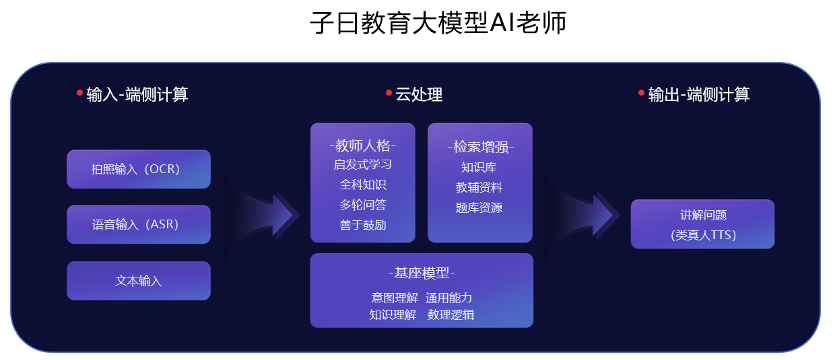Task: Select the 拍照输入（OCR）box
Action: pyautogui.click(x=138, y=169)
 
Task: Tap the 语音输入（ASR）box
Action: pyautogui.click(x=138, y=224)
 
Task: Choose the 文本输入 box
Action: pyautogui.click(x=138, y=280)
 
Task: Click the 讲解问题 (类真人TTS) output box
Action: pyautogui.click(x=702, y=224)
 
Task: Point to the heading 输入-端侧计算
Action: pyautogui.click(x=137, y=95)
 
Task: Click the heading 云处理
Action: pyautogui.click(x=419, y=95)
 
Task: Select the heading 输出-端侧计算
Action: pyautogui.click(x=698, y=95)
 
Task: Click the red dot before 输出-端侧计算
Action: pyautogui.click(x=641, y=93)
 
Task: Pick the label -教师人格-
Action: pyautogui.click(x=362, y=144)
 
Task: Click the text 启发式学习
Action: pyautogui.click(x=362, y=164)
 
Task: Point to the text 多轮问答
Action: pyautogui.click(x=362, y=205)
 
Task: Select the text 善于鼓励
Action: pyautogui.click(x=362, y=225)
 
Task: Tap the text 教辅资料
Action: pyautogui.click(x=480, y=187)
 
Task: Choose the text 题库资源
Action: pyautogui.click(x=480, y=208)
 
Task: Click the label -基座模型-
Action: pyautogui.click(x=421, y=272)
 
